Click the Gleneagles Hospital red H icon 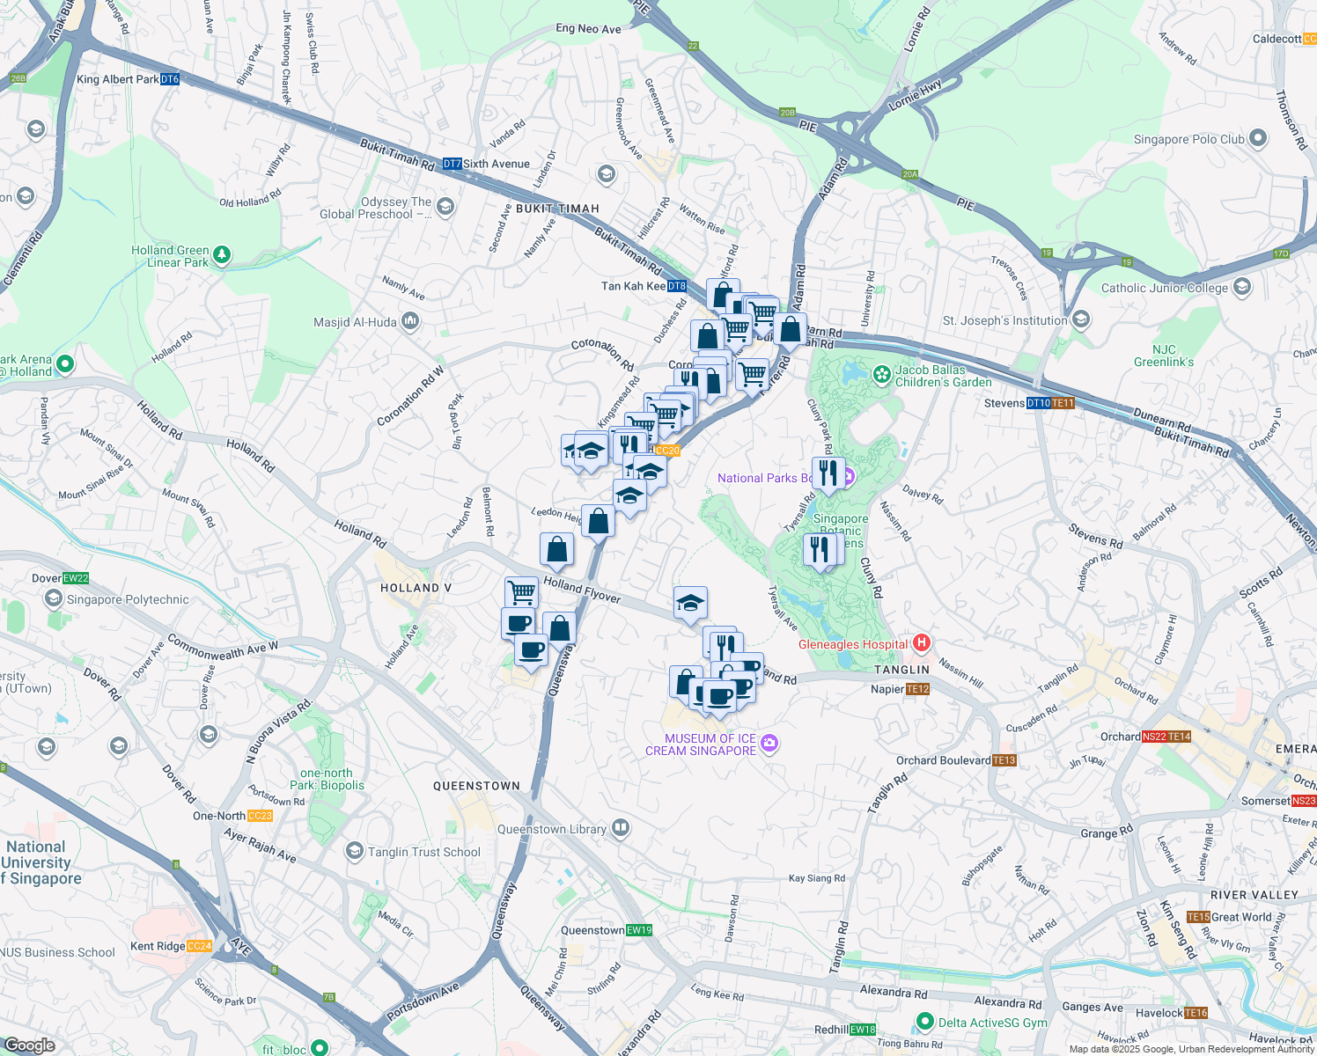pyautogui.click(x=921, y=643)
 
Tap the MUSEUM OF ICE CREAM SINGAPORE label pyautogui.click(x=701, y=744)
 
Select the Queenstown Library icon pyautogui.click(x=621, y=828)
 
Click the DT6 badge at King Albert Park pyautogui.click(x=170, y=79)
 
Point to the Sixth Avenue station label pyautogui.click(x=497, y=164)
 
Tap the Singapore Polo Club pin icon pyautogui.click(x=1258, y=138)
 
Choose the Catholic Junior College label pyautogui.click(x=1164, y=288)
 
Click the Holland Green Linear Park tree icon pyautogui.click(x=222, y=255)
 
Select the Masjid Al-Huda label pyautogui.click(x=355, y=322)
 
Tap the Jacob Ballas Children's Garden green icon pyautogui.click(x=881, y=375)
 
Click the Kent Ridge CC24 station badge pyautogui.click(x=199, y=946)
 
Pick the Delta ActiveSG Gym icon pyautogui.click(x=924, y=1022)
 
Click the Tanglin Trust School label pyautogui.click(x=424, y=852)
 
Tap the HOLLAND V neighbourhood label pyautogui.click(x=416, y=588)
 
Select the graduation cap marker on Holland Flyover pyautogui.click(x=690, y=603)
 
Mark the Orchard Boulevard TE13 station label pyautogui.click(x=944, y=760)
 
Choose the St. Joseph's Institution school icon pyautogui.click(x=1081, y=319)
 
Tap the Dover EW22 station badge pyautogui.click(x=76, y=578)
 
